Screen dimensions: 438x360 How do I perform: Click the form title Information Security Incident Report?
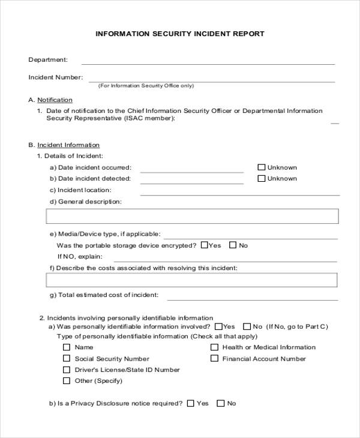[x=180, y=34]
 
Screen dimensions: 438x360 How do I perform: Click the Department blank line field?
[x=208, y=62]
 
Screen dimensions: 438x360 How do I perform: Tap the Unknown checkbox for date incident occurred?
[x=261, y=168]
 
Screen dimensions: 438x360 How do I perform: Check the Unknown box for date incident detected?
[x=261, y=179]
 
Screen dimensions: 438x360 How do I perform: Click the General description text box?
[x=192, y=216]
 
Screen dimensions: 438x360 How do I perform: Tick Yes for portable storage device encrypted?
[x=204, y=245]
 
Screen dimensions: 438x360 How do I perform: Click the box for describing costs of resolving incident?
[x=192, y=280]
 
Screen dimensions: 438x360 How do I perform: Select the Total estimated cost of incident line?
[x=252, y=297]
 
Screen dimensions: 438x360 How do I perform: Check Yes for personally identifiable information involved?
[x=218, y=326]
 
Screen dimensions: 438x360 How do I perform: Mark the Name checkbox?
[x=66, y=347]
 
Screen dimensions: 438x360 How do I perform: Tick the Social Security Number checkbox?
[x=66, y=359]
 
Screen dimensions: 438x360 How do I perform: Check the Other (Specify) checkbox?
[x=66, y=381]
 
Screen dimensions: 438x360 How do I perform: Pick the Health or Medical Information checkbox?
[x=214, y=347]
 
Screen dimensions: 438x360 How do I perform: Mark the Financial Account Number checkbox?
[x=214, y=359]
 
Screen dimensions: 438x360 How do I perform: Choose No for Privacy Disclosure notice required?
[x=220, y=403]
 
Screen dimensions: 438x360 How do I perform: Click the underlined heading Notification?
[x=55, y=100]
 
